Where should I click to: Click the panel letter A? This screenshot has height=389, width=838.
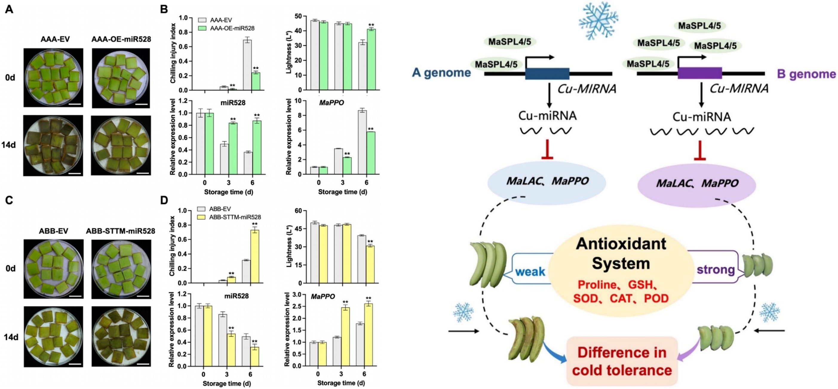9,9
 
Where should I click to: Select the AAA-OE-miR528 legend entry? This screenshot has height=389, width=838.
232,28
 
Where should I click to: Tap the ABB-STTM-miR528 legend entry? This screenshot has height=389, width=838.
234,217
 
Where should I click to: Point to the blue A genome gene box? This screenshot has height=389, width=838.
547,74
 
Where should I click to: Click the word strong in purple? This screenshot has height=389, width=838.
716,269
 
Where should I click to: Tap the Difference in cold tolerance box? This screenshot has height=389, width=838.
622,361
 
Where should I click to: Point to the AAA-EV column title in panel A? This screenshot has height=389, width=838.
55,39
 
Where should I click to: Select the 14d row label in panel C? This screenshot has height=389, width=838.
11,337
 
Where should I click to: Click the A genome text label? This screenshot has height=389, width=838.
441,73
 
